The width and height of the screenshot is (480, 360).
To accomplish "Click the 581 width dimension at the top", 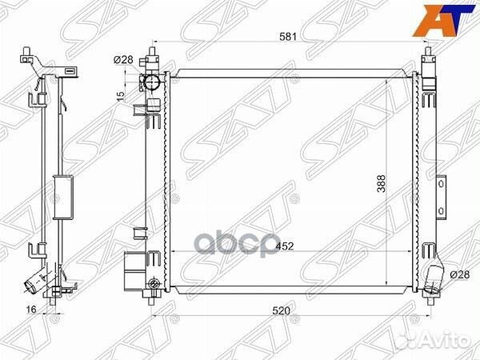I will coord(288,36).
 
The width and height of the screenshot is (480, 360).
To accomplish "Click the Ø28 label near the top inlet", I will coord(122,59).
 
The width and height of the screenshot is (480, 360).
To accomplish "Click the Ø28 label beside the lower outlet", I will coord(460,274).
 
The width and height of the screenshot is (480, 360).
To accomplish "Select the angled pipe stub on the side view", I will coord(34,282).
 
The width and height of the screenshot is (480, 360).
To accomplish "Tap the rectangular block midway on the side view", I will coord(61,197).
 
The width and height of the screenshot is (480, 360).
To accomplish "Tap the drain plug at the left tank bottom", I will coord(151,283).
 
